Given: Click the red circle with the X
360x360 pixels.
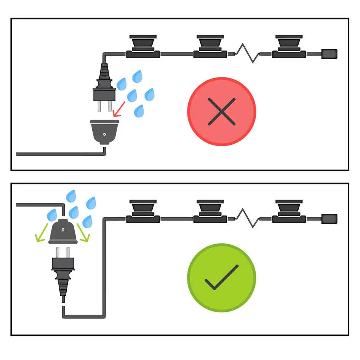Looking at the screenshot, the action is click(222, 112).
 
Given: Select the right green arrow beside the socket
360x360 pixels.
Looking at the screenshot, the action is click(83, 234).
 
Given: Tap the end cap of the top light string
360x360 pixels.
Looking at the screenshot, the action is click(329, 54).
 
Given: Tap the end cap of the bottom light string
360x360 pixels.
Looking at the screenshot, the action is click(329, 219).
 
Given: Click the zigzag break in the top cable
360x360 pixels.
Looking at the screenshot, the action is click(247, 54).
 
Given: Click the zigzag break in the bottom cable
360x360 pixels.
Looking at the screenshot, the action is click(247, 219).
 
